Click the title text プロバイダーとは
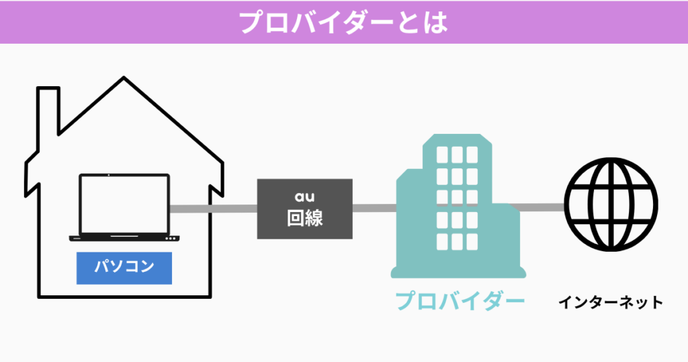343,22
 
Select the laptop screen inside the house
124,204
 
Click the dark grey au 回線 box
304,209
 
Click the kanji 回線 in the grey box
304,219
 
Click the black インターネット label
610,302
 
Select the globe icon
610,205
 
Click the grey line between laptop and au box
213,209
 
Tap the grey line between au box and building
374,208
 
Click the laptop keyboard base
124,238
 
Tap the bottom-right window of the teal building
476,242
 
